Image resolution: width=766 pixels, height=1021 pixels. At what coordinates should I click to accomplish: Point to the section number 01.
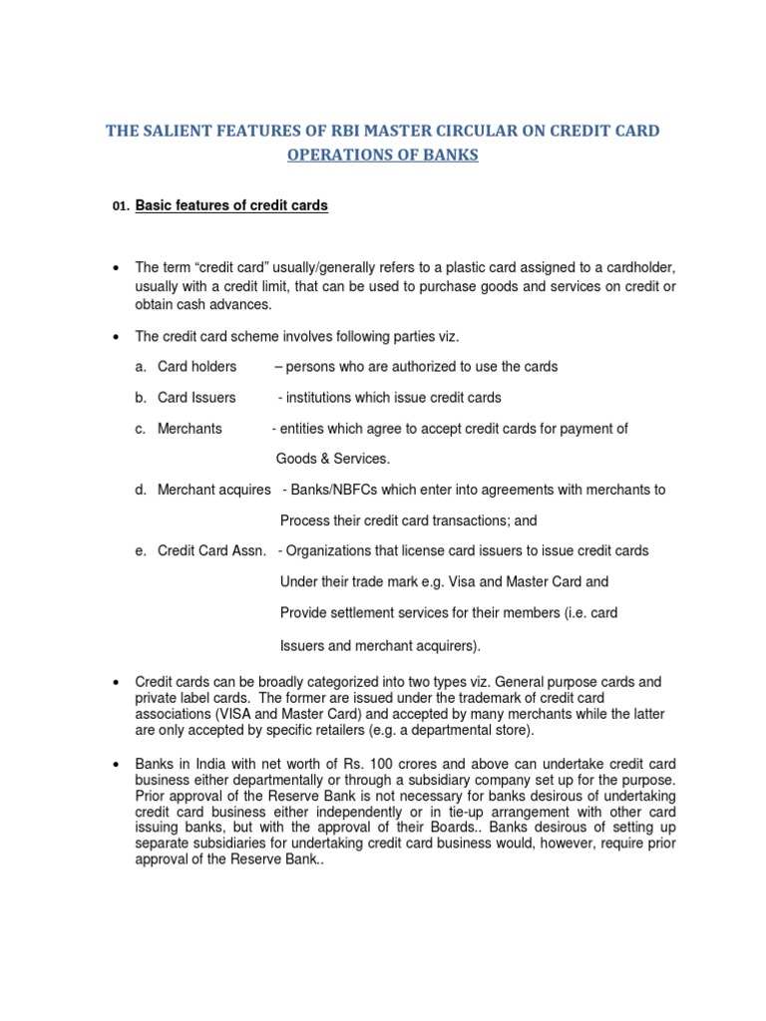(x=121, y=207)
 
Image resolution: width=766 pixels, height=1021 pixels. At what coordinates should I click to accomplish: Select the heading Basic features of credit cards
(x=231, y=206)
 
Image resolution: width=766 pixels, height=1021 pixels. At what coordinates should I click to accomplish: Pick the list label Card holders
(x=196, y=366)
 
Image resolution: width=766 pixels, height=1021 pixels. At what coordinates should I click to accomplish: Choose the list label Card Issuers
(x=196, y=397)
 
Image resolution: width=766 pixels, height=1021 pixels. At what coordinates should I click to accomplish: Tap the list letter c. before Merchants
(x=141, y=428)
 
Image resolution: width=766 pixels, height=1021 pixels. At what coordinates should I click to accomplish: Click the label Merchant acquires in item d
(x=213, y=490)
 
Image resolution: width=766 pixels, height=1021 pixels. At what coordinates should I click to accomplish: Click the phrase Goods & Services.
(x=332, y=459)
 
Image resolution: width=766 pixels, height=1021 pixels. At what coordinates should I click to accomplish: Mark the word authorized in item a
(x=423, y=366)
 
